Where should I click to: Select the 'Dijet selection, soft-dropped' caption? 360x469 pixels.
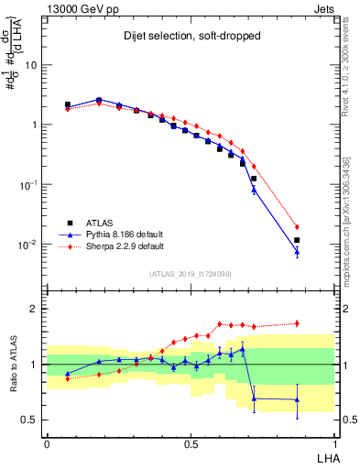click(192, 38)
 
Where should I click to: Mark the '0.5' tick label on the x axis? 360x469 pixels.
click(191, 443)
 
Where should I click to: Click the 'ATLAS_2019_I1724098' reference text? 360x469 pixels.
click(191, 274)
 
